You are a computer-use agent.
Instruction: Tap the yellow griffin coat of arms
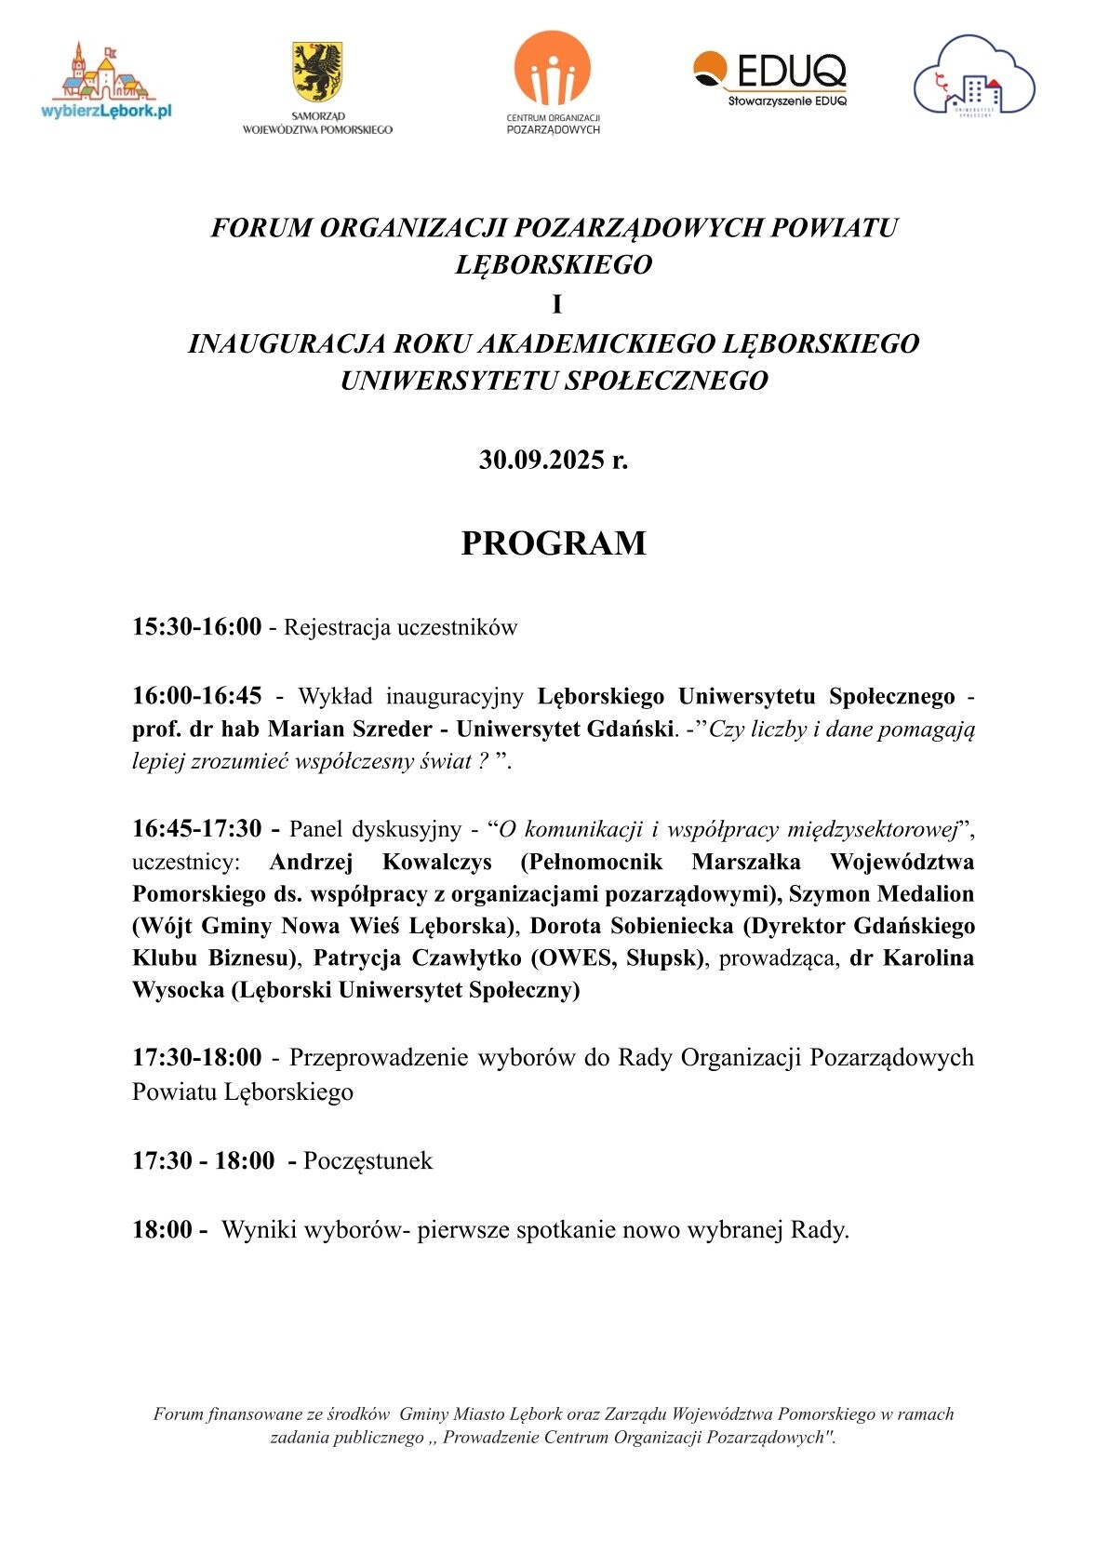click(316, 72)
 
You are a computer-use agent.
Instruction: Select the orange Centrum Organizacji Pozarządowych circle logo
click(553, 68)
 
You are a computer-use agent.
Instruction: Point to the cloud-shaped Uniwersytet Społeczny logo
click(973, 76)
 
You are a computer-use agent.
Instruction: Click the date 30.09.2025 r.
click(554, 460)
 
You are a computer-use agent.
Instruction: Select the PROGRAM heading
click(554, 543)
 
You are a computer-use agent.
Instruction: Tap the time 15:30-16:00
click(197, 627)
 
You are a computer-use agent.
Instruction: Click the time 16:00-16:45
click(197, 696)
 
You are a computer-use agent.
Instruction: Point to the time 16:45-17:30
click(197, 828)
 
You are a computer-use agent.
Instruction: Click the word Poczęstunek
click(367, 1160)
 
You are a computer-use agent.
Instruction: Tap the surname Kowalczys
click(437, 862)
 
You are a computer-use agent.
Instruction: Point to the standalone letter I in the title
click(556, 305)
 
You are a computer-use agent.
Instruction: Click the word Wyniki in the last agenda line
click(258, 1230)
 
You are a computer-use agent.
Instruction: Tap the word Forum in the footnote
click(178, 1414)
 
